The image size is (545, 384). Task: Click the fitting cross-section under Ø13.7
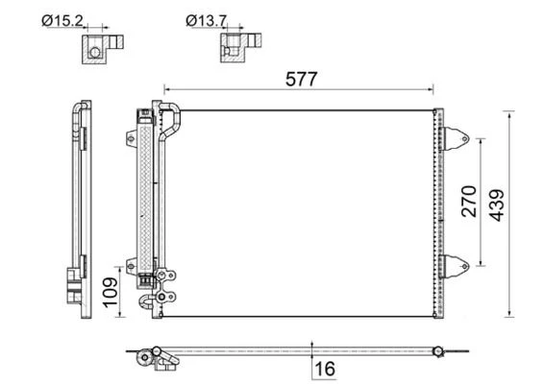point(237,48)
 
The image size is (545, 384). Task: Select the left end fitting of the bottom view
point(154,358)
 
